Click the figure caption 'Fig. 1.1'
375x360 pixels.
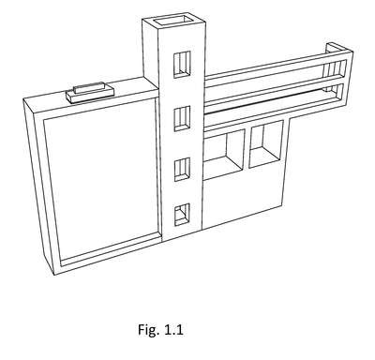tap(160, 330)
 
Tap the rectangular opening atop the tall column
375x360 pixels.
tap(172, 20)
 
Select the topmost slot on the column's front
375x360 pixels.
tap(182, 65)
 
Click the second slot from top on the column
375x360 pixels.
tap(182, 119)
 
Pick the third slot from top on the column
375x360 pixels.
tap(182, 170)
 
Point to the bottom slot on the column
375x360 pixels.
tap(182, 215)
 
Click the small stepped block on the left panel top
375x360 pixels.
tap(90, 92)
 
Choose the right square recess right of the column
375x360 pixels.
tap(266, 144)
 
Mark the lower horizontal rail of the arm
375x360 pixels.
tap(275, 97)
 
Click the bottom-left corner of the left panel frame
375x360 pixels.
tap(55, 275)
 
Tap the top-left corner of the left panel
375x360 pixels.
tap(23, 100)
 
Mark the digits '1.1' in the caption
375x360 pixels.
tap(173, 330)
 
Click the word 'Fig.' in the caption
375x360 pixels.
tap(149, 330)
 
